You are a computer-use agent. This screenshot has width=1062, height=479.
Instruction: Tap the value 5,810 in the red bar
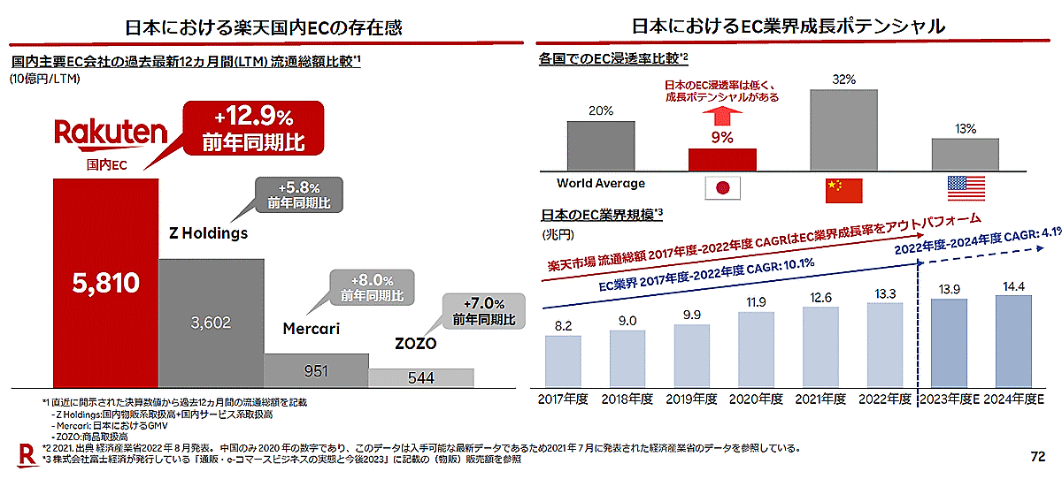(105, 283)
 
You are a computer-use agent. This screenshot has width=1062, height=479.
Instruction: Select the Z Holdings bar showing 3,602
(211, 323)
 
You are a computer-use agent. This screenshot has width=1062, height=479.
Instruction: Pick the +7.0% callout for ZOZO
(482, 311)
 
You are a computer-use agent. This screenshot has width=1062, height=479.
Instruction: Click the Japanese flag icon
(721, 187)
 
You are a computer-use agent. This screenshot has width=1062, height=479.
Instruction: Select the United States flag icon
(965, 187)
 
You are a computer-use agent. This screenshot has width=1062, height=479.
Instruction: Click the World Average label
(601, 184)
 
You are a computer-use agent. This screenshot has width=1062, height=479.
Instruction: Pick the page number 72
(1037, 457)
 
